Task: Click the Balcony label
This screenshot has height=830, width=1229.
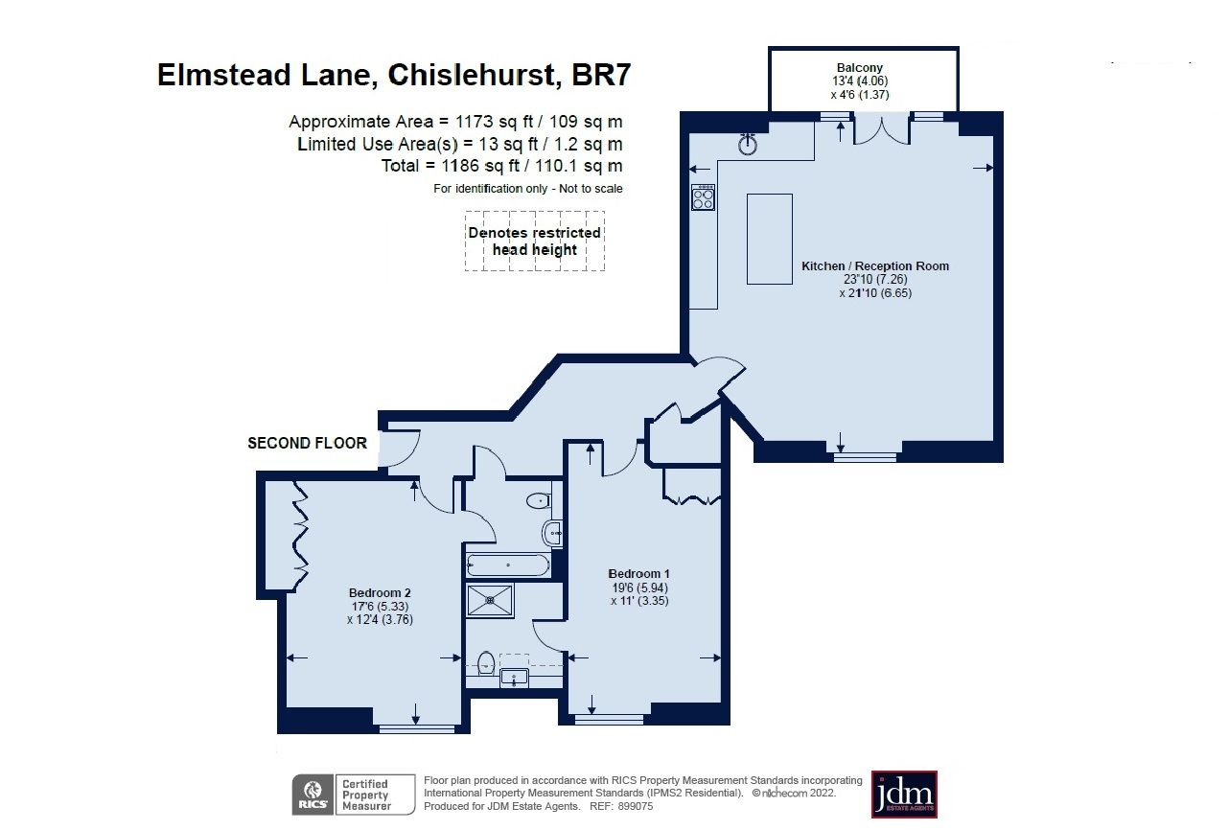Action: (x=860, y=68)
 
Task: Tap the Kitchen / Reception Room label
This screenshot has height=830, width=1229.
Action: (x=874, y=265)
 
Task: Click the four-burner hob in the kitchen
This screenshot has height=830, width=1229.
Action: (x=703, y=197)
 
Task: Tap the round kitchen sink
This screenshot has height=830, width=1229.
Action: (x=749, y=145)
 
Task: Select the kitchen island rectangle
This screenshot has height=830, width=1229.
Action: (x=769, y=239)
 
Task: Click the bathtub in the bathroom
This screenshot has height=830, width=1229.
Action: (x=507, y=565)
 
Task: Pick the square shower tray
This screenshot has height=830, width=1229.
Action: (x=490, y=602)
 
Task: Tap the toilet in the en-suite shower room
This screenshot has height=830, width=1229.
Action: (x=486, y=661)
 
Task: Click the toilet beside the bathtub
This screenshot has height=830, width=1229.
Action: (x=538, y=499)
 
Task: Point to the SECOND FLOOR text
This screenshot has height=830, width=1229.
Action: (x=307, y=443)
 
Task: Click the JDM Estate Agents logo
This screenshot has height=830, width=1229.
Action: (x=903, y=794)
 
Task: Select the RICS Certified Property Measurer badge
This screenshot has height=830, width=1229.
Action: (x=354, y=795)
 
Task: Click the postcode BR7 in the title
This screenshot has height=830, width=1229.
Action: (x=600, y=75)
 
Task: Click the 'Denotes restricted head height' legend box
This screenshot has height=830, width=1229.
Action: (x=534, y=242)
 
